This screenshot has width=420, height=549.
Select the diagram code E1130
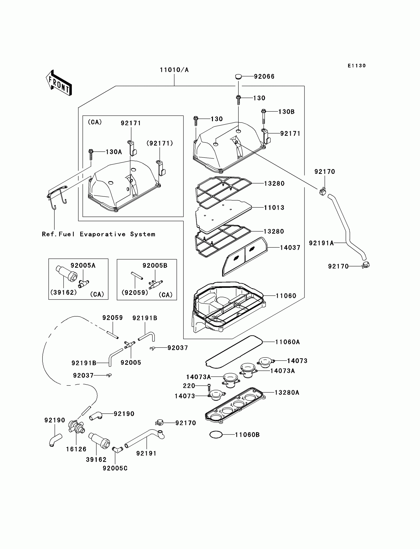357,66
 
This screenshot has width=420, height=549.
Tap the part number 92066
264,77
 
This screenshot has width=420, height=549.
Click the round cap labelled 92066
238,76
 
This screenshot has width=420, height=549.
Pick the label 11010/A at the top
174,70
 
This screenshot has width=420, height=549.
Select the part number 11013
274,208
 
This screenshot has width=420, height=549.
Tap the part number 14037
290,248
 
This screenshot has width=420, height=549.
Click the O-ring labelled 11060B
216,435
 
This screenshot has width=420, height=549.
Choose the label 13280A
287,393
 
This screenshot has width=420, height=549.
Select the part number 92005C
115,468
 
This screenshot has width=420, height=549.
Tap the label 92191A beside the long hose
321,243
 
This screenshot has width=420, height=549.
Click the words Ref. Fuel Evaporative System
99,234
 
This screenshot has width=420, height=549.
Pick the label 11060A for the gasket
287,342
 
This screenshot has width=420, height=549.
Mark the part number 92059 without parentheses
112,318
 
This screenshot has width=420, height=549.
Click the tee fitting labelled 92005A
83,283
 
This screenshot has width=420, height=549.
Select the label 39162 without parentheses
96,460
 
